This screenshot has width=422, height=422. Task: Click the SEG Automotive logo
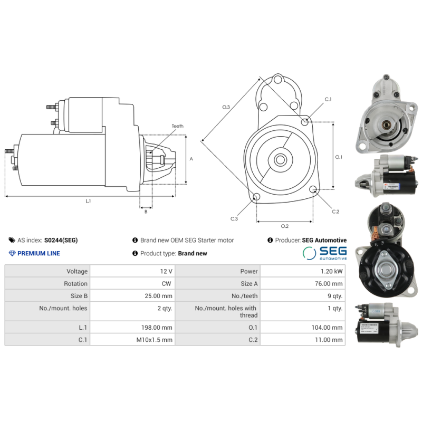(325, 253)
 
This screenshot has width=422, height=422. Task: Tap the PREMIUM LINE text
(39, 253)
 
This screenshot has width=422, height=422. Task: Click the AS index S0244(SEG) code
(61, 240)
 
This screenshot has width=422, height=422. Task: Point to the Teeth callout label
(177, 126)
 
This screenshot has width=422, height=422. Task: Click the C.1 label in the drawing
(328, 99)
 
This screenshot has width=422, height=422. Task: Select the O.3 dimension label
(226, 107)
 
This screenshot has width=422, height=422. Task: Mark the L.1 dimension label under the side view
(89, 201)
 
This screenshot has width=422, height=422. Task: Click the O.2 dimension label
(285, 226)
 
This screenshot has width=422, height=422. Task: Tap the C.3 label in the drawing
(234, 218)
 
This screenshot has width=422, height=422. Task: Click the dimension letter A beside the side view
(191, 159)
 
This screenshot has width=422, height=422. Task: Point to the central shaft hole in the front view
(280, 159)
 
